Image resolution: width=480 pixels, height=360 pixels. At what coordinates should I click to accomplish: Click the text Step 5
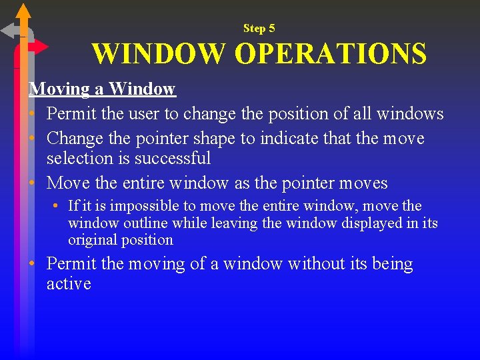click(x=259, y=28)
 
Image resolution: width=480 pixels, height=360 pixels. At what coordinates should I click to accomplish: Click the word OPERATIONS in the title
click(x=331, y=54)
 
